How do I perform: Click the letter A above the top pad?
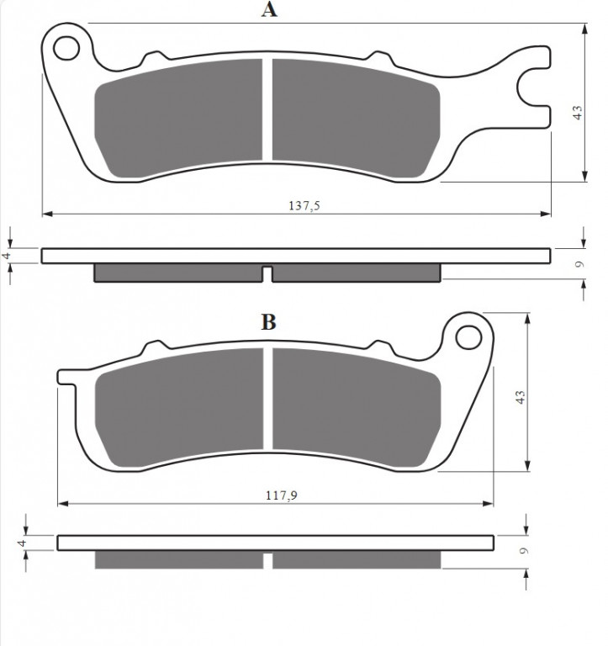tap(268, 11)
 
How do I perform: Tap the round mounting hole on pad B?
tap(467, 337)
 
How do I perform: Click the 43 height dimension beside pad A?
tap(577, 114)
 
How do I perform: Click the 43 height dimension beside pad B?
tap(521, 398)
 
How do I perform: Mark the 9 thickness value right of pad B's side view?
tap(522, 552)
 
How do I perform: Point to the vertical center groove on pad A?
tap(268, 109)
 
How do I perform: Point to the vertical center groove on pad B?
tap(268, 399)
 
